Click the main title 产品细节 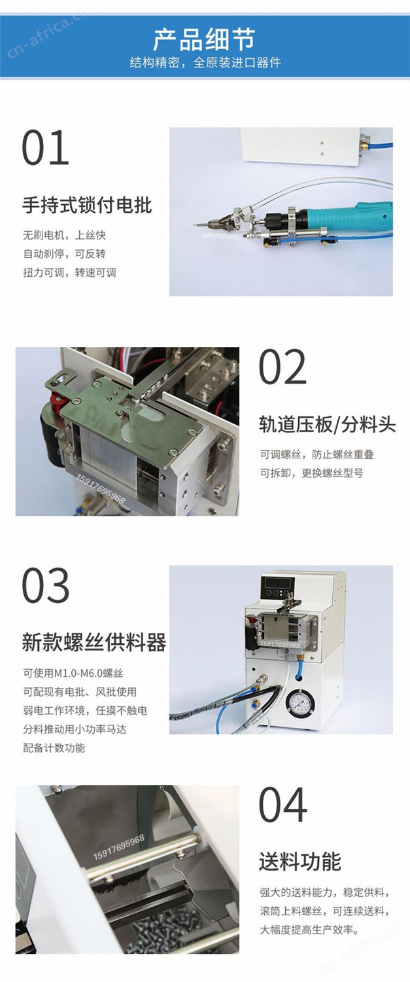(x=205, y=39)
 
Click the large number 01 (x=46, y=147)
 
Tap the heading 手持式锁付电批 (x=87, y=205)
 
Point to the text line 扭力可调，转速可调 (x=70, y=273)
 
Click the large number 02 (x=282, y=367)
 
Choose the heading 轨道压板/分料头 (x=327, y=425)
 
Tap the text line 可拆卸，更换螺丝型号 (x=311, y=473)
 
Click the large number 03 (x=46, y=585)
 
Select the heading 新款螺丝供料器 (x=94, y=643)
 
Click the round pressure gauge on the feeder (x=300, y=702)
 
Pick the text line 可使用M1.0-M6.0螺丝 (x=73, y=673)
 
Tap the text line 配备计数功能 (x=54, y=748)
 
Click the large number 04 (x=282, y=805)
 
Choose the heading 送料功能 (x=300, y=862)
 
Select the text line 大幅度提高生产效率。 (x=309, y=930)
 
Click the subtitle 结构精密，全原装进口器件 (x=205, y=63)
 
